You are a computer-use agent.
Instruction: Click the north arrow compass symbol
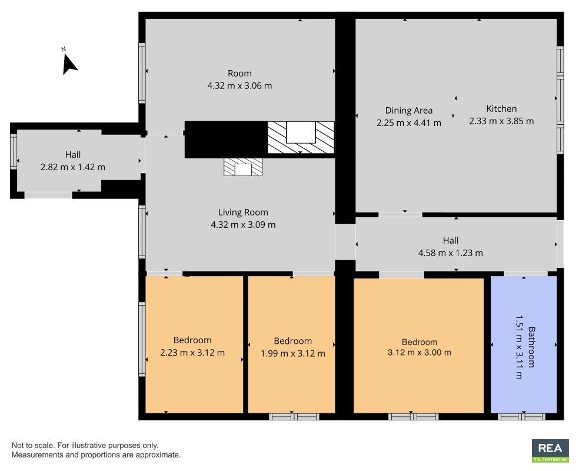(69, 63)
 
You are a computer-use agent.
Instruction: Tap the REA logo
(550, 450)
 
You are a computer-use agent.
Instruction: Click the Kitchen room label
(501, 108)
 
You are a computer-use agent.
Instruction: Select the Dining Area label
(409, 110)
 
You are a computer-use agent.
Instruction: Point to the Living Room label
(243, 213)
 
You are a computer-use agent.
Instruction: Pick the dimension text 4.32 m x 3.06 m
(239, 85)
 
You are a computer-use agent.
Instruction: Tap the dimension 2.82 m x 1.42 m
(73, 167)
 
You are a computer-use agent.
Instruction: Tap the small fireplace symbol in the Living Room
(243, 168)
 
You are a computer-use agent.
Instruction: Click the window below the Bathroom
(522, 416)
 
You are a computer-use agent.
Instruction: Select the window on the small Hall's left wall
(13, 152)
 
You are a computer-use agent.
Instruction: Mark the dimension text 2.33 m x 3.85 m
(501, 121)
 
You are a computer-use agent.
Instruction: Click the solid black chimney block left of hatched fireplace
(226, 139)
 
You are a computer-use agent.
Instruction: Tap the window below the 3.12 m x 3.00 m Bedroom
(414, 416)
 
